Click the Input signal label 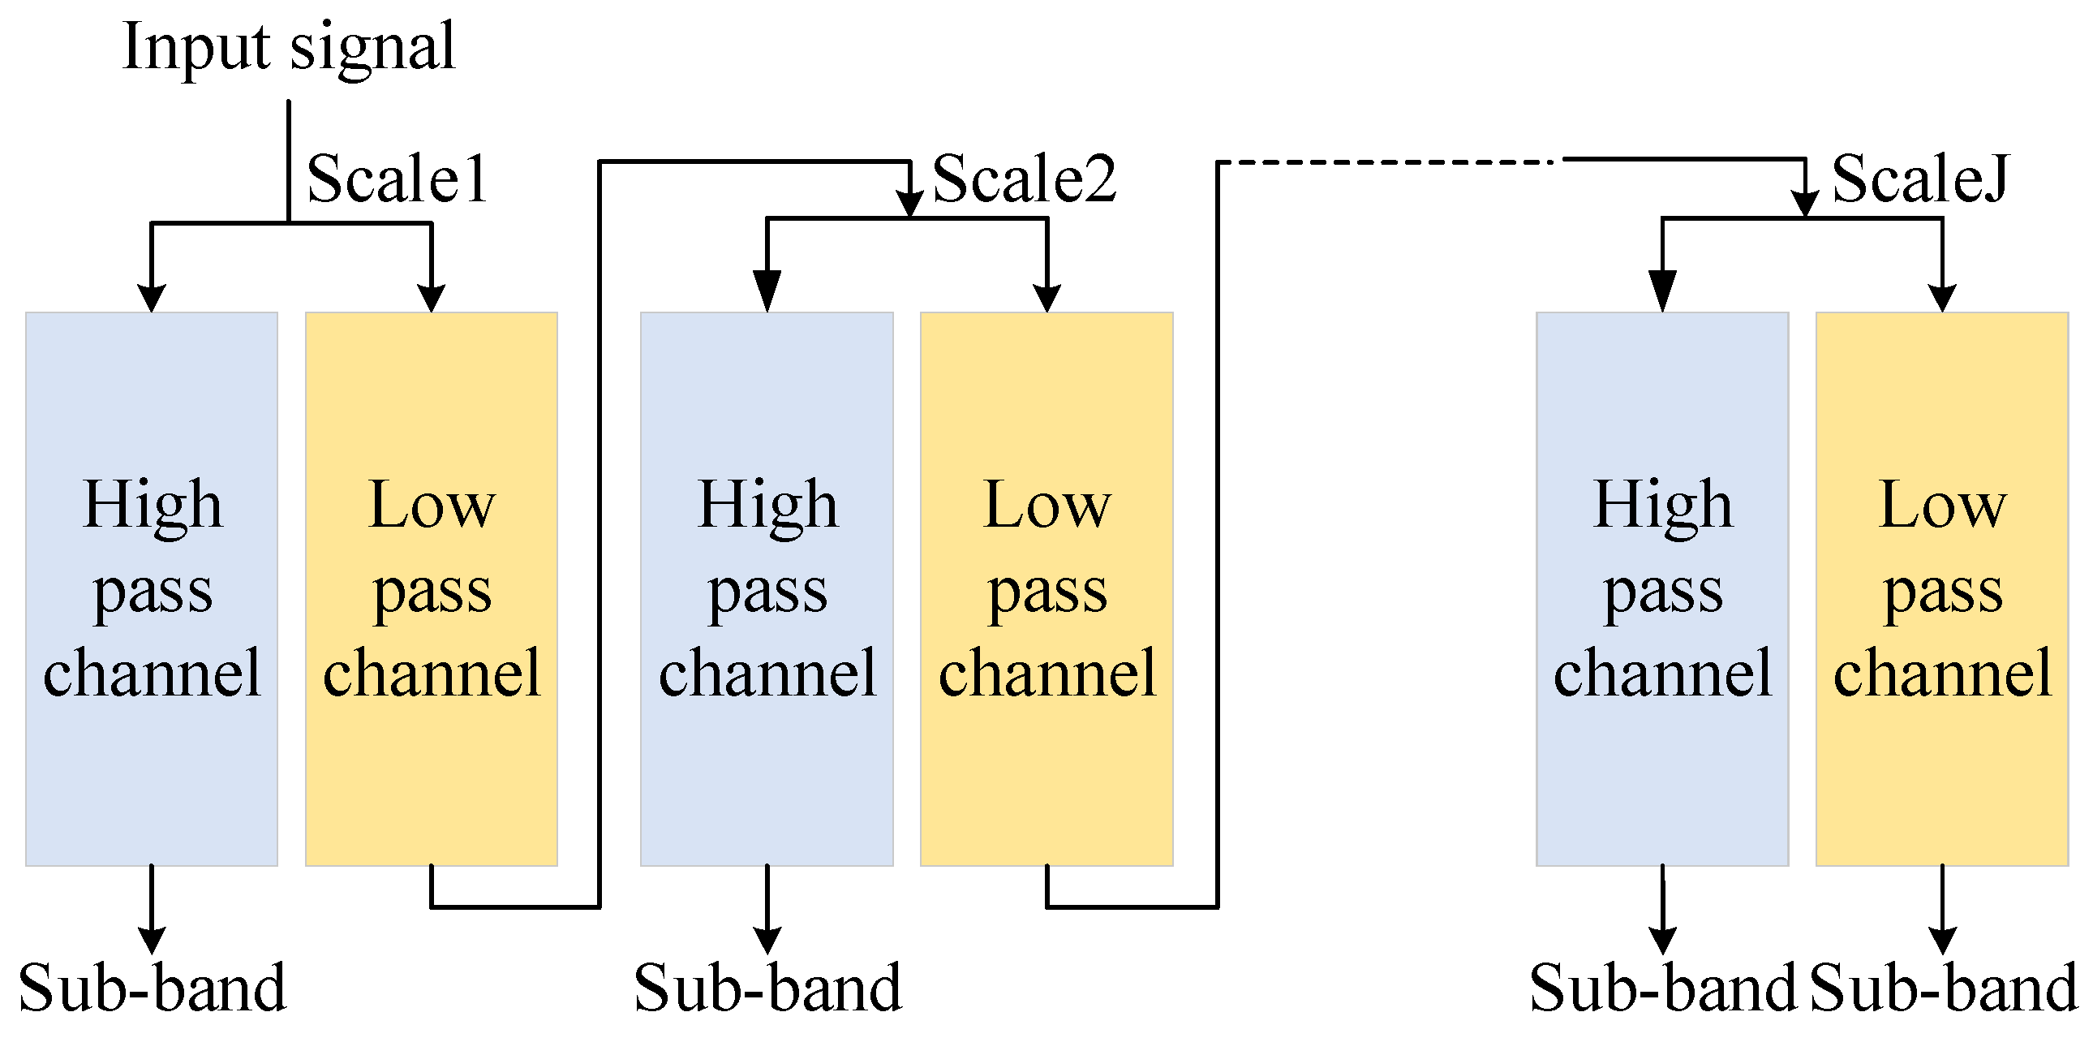tap(289, 47)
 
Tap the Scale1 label tap(397, 179)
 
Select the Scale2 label tap(1024, 179)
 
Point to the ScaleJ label tap(1920, 179)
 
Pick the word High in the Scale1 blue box tap(152, 506)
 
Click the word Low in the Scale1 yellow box tap(432, 506)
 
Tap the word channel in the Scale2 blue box tap(767, 673)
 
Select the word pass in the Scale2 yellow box tap(1046, 592)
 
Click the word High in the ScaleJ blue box tap(1662, 506)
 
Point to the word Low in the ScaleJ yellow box tap(1942, 506)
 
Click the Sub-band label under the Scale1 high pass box tap(152, 988)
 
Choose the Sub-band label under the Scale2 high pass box tap(767, 988)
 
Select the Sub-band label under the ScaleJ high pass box tap(1662, 988)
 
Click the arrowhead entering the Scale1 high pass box tap(152, 299)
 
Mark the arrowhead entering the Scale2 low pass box tap(1046, 299)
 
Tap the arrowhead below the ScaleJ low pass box tap(1942, 941)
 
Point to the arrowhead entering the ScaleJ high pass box tap(1662, 293)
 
